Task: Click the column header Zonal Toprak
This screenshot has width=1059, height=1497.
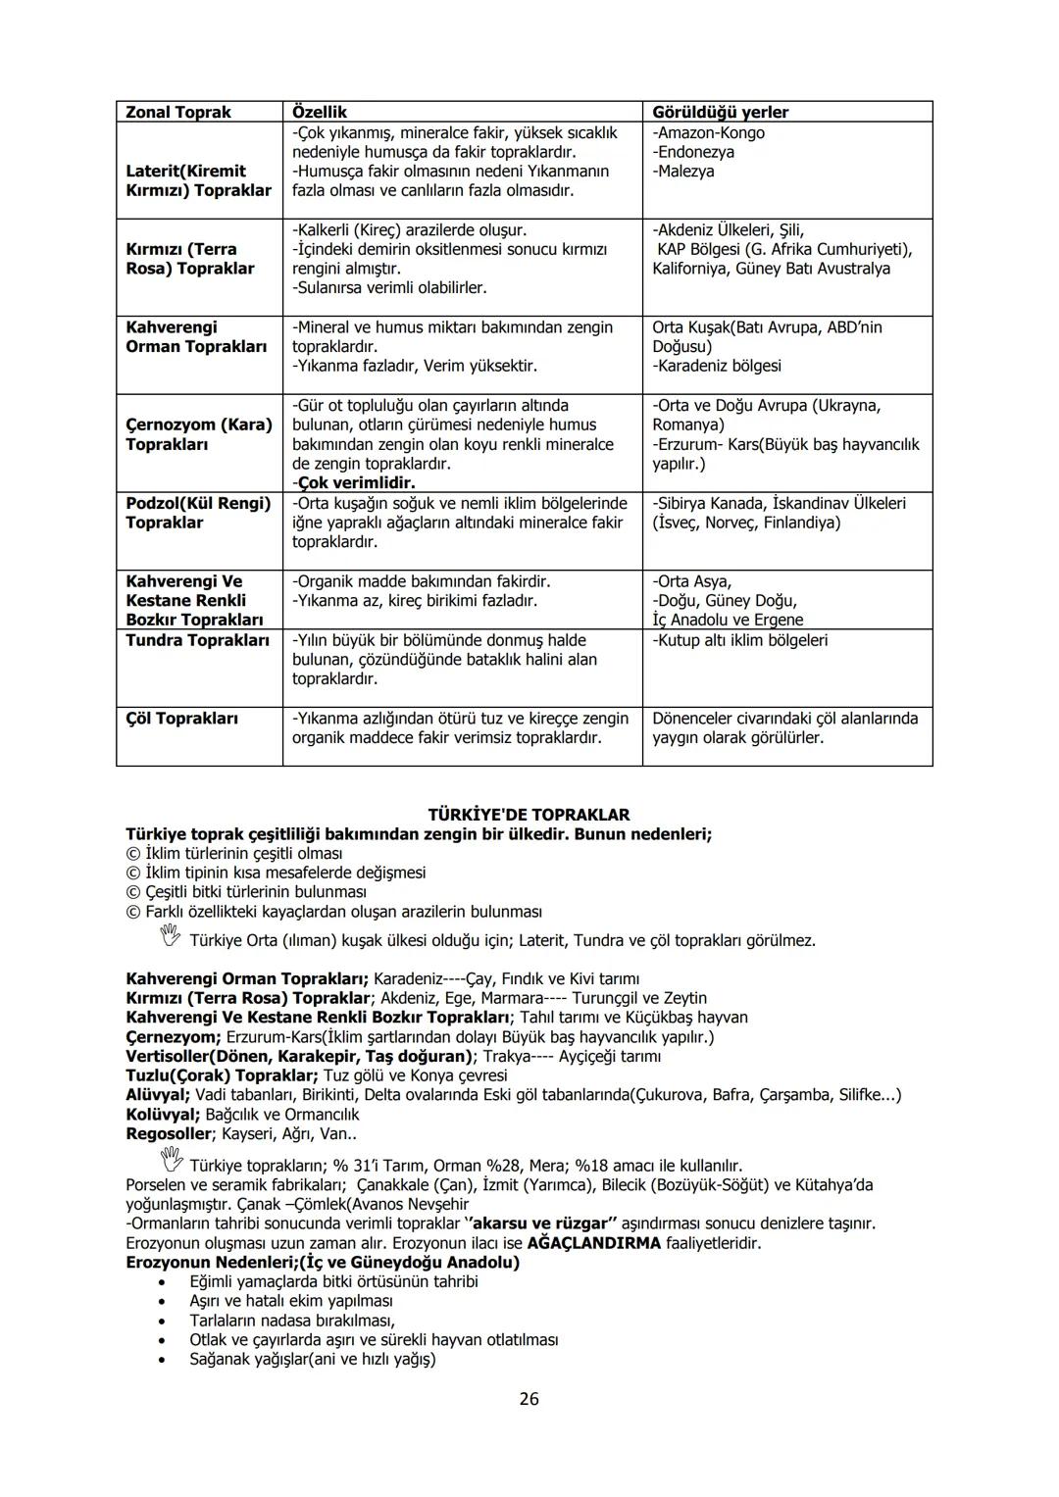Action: pyautogui.click(x=177, y=112)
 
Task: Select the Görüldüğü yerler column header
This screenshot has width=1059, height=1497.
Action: pyautogui.click(x=720, y=112)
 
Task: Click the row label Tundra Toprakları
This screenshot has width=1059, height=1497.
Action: pyautogui.click(x=197, y=640)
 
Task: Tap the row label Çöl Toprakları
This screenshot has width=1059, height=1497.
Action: pyautogui.click(x=181, y=719)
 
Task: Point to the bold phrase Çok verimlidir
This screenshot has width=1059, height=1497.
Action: pyautogui.click(x=354, y=483)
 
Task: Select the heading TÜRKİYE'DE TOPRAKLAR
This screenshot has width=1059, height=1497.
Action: pyautogui.click(x=529, y=815)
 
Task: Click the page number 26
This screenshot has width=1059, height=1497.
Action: pyautogui.click(x=529, y=1399)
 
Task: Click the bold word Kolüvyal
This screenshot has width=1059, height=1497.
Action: pyautogui.click(x=163, y=1115)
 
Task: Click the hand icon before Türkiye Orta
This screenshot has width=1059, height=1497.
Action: pyautogui.click(x=171, y=939)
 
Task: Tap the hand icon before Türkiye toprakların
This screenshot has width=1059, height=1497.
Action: pyautogui.click(x=171, y=1163)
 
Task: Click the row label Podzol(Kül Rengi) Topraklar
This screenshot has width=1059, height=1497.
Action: pyautogui.click(x=197, y=513)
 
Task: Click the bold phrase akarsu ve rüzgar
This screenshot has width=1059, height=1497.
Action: pyautogui.click(x=542, y=1223)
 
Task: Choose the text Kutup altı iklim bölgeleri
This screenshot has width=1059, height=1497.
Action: pyautogui.click(x=739, y=640)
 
